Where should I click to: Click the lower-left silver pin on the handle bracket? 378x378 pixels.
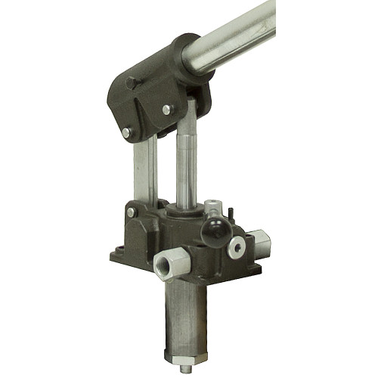point(126,133)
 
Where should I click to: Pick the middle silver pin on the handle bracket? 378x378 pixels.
point(166,110)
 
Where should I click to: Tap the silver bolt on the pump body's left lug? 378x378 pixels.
point(132,213)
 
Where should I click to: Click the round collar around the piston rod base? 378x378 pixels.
point(184,209)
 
